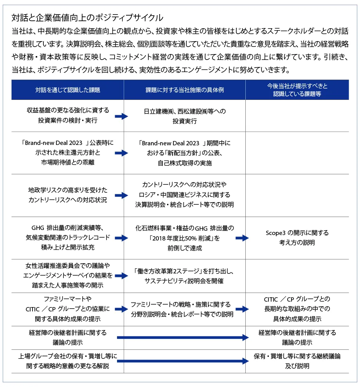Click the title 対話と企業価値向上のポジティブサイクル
click(x=87, y=18)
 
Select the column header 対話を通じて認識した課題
click(x=68, y=90)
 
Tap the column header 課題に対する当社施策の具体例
click(x=185, y=90)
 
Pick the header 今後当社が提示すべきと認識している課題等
click(x=297, y=90)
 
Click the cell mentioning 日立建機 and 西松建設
click(x=185, y=116)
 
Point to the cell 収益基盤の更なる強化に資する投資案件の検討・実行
click(x=68, y=115)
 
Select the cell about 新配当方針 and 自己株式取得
click(x=185, y=153)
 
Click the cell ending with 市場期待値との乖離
click(x=68, y=152)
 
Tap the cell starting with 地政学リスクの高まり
click(x=68, y=195)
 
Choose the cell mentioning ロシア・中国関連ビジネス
click(x=185, y=195)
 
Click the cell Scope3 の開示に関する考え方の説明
click(x=297, y=238)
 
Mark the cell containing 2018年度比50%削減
click(x=185, y=238)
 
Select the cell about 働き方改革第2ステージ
click(x=184, y=276)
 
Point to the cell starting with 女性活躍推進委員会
click(x=68, y=275)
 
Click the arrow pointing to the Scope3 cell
click(x=242, y=238)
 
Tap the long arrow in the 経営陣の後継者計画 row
click(x=183, y=337)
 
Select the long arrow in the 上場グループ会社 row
click(x=183, y=361)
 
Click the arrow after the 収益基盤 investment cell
click(x=122, y=116)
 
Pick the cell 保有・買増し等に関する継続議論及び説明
click(x=297, y=361)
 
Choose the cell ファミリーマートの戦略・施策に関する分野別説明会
click(x=182, y=309)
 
